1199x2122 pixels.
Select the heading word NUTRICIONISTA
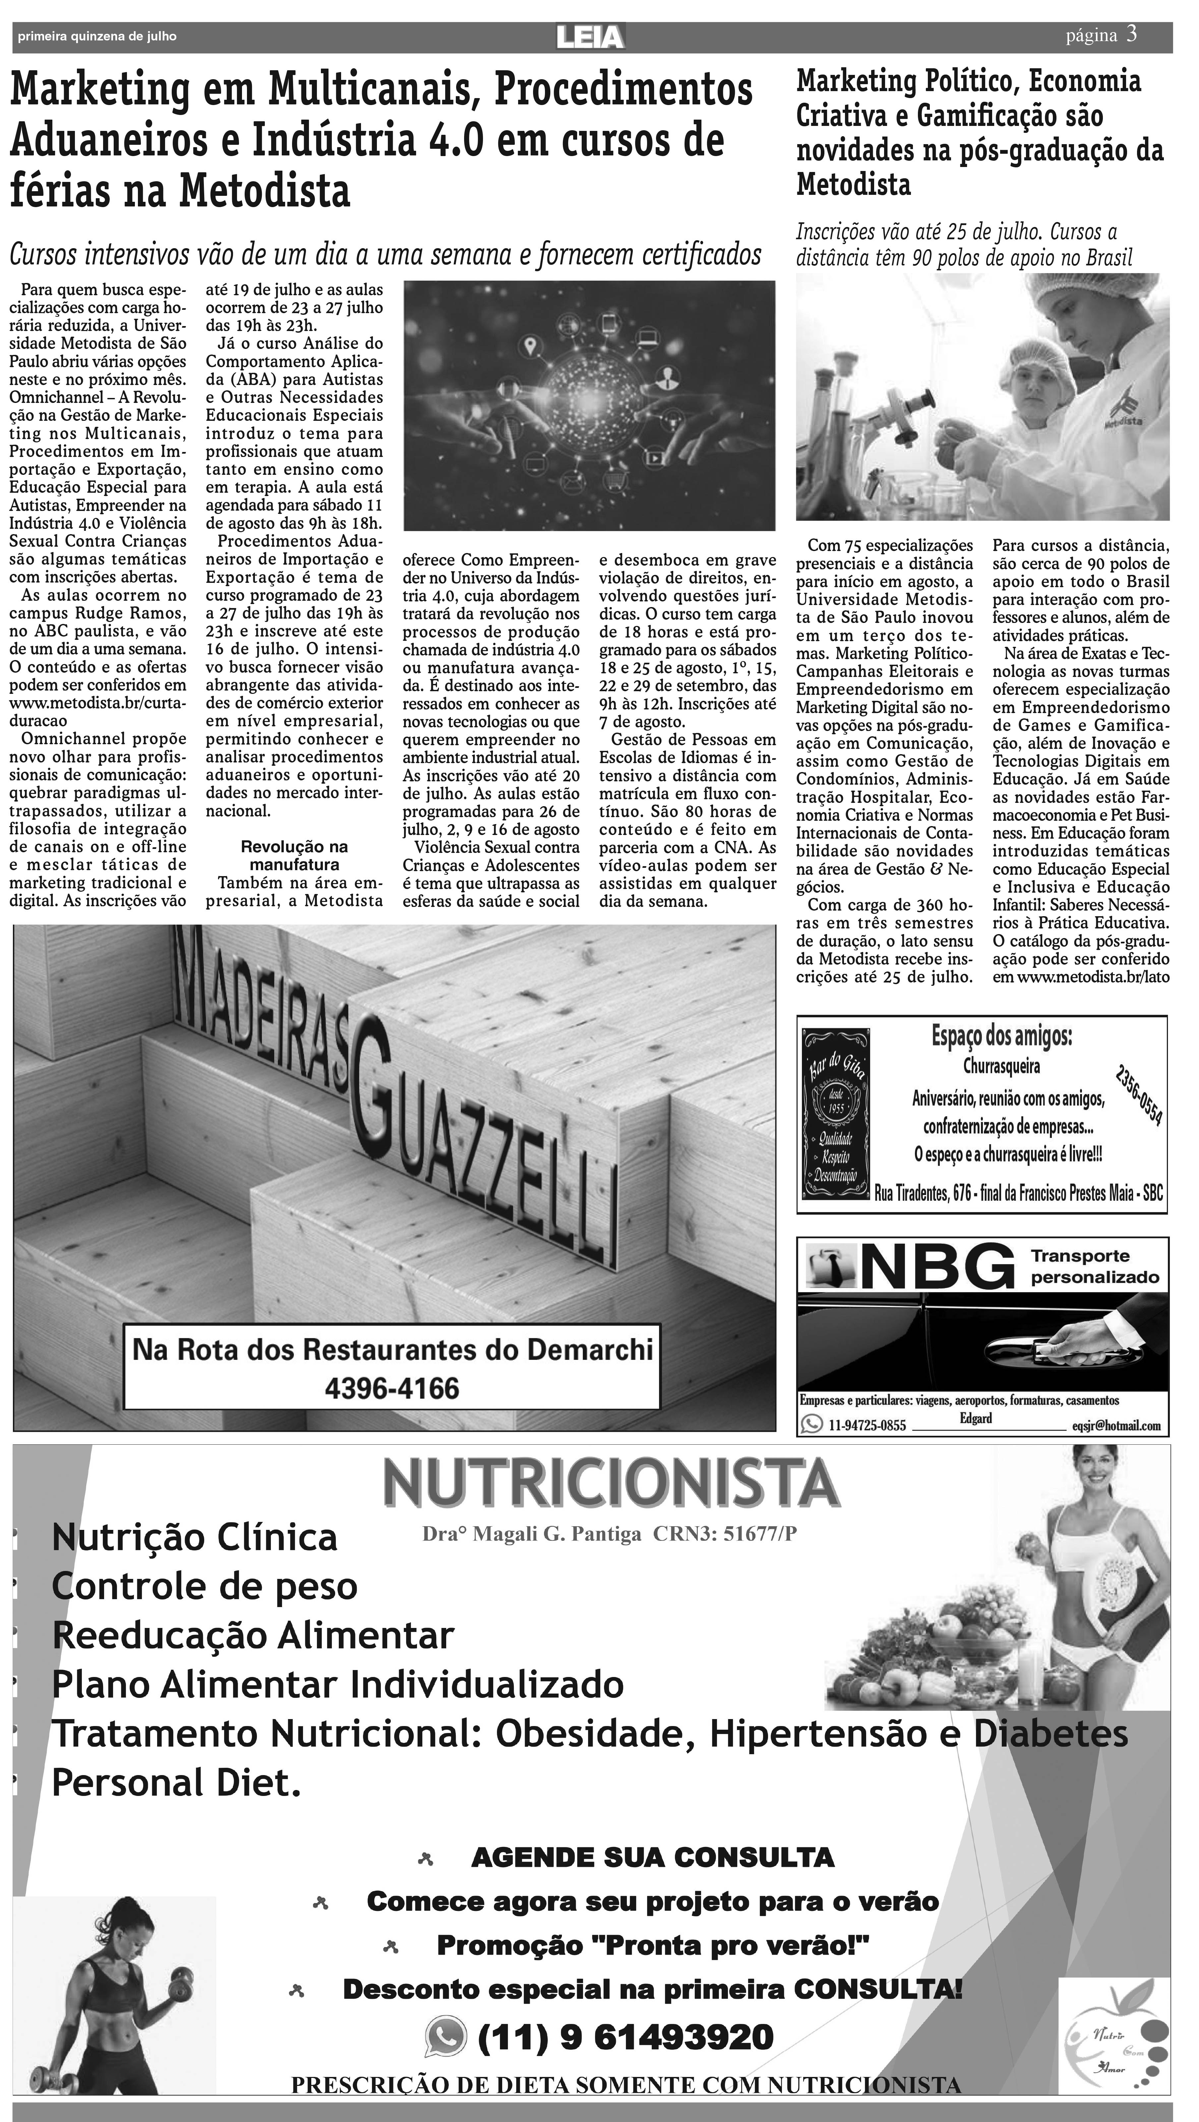[x=611, y=1483]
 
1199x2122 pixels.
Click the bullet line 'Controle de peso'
[x=205, y=1587]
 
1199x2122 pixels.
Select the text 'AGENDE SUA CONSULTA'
[x=652, y=1858]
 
